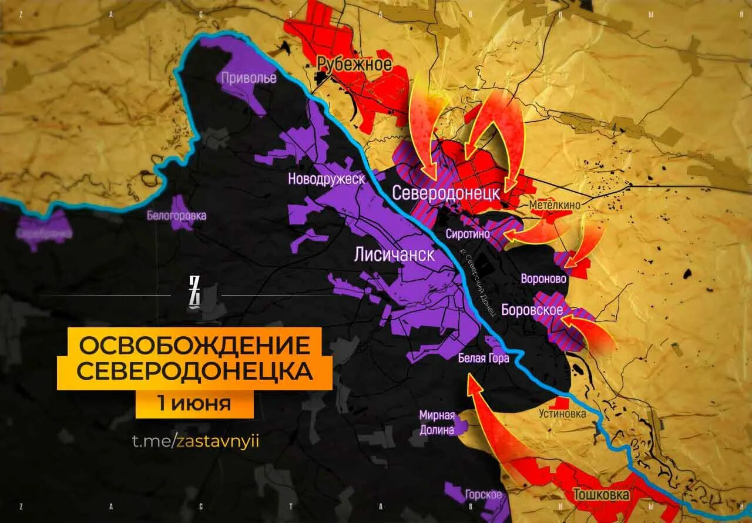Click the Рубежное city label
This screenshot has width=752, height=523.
[354, 64]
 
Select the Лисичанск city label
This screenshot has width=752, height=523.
[394, 254]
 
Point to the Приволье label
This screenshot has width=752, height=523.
[249, 78]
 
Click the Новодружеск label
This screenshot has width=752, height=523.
[327, 179]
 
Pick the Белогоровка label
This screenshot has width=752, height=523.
[176, 216]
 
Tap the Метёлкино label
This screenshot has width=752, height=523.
[555, 205]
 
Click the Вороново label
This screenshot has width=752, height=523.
[543, 279]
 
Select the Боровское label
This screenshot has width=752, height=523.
[532, 310]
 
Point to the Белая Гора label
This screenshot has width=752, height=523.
[484, 358]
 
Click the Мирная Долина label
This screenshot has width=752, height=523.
[437, 422]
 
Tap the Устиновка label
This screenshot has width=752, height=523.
[562, 414]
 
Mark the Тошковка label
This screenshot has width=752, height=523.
[600, 495]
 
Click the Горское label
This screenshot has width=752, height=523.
[483, 494]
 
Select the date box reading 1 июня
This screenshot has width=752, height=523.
[193, 404]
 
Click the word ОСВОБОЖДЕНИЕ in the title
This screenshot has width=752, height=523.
[194, 345]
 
